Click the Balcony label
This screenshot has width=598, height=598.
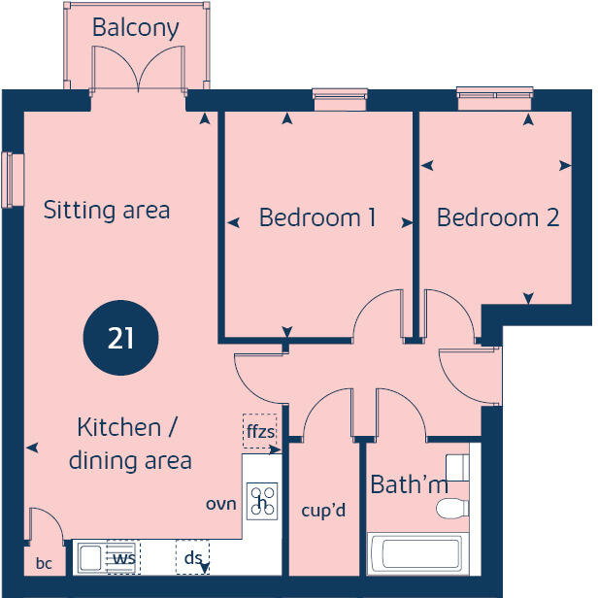pos(135,27)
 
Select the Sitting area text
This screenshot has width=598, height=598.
pos(107,210)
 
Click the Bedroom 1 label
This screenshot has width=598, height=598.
pos(317,217)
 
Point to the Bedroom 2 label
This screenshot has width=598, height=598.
pos(498,217)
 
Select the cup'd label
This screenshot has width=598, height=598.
pos(324,511)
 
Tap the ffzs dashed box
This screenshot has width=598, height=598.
pos(260,433)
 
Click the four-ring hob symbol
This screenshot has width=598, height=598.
pos(262,500)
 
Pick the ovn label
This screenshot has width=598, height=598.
pos(220,504)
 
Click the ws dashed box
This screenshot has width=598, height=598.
pos(122,558)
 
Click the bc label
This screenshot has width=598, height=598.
pos(43,563)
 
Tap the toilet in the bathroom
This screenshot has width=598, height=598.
pos(451,508)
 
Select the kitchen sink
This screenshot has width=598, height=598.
pos(92,558)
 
